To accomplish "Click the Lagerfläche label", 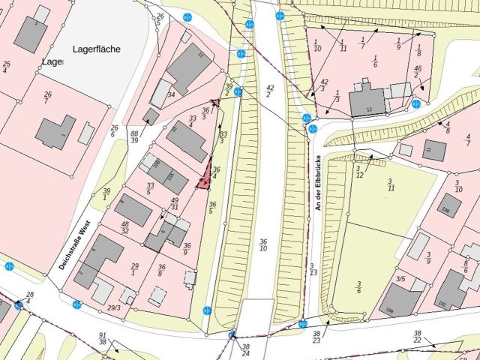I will click(97, 49).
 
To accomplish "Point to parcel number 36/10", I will click(263, 245).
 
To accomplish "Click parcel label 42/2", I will click(270, 91).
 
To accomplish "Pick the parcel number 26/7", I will click(48, 98).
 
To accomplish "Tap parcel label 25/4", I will click(6, 67).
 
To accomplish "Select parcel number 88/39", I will click(134, 136).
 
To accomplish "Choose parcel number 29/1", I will click(135, 271).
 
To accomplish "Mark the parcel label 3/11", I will click(390, 184).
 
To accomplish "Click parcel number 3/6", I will click(358, 286).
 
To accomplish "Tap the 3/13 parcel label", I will click(312, 268).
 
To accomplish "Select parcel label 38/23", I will click(317, 337).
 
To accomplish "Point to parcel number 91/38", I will click(103, 339).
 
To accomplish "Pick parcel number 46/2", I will click(417, 72).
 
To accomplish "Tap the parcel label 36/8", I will click(161, 271).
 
